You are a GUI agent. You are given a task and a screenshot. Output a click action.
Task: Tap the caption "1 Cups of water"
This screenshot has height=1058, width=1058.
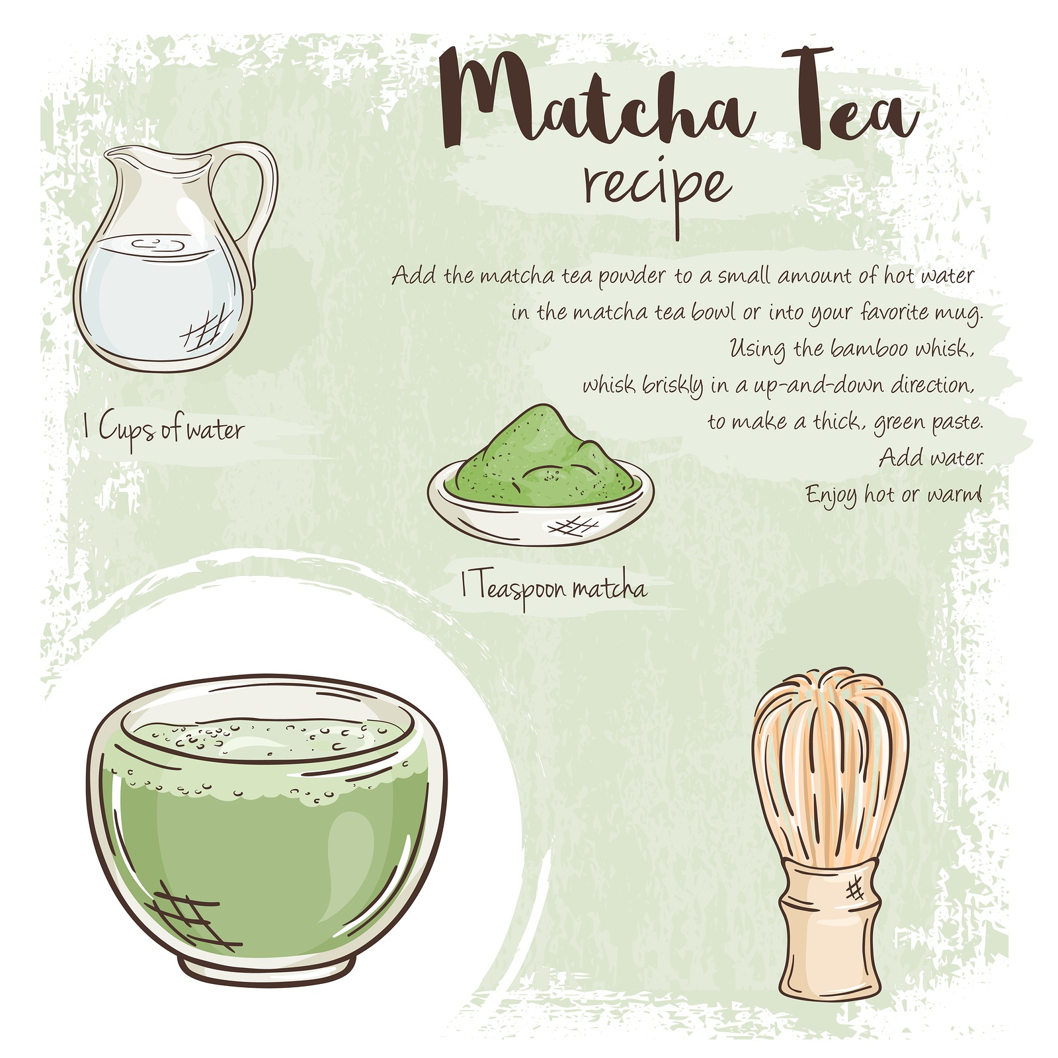coord(163,430)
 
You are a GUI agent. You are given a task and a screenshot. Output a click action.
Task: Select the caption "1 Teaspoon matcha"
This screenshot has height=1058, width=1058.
coord(553,587)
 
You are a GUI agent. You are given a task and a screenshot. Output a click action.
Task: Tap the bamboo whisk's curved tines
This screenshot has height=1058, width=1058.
coord(831,767)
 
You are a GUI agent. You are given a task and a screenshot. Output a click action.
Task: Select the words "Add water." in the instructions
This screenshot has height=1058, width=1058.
coord(931,457)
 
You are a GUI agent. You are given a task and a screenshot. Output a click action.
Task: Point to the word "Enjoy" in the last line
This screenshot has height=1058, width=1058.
coord(831,495)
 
